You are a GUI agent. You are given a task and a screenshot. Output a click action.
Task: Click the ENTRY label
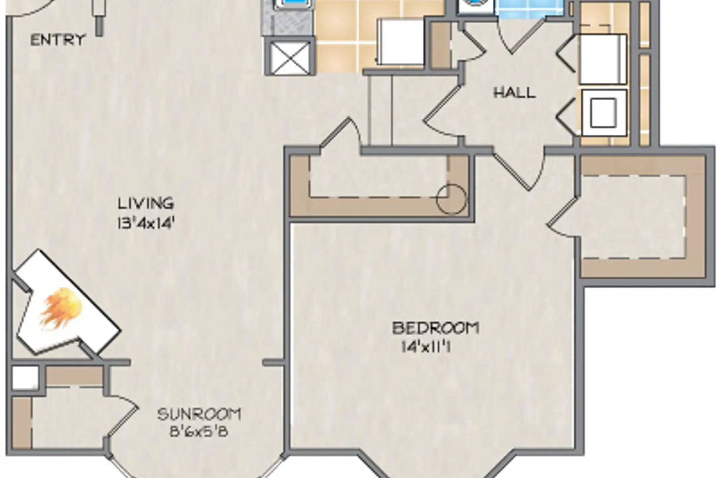(58, 40)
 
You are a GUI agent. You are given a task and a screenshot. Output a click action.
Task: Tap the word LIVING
(146, 203)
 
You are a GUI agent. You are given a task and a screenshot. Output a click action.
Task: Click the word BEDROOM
(436, 328)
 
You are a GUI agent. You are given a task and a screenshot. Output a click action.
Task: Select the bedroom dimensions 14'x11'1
(427, 348)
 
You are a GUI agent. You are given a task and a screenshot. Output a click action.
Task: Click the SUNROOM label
(199, 414)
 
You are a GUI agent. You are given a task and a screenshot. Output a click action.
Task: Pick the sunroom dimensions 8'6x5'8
(199, 432)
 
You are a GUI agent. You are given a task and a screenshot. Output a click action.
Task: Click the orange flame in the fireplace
(61, 309)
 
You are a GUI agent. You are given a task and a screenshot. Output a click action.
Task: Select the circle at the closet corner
(451, 199)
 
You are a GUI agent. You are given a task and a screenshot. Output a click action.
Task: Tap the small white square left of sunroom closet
(25, 377)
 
